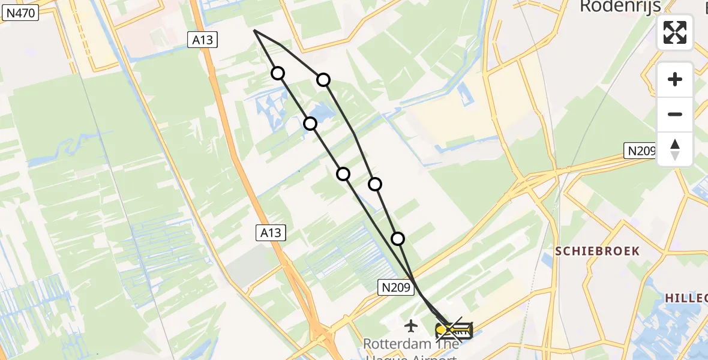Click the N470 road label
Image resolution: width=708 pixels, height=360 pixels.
pyautogui.click(x=20, y=13)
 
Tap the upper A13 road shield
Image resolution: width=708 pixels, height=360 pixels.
pyautogui.click(x=202, y=40)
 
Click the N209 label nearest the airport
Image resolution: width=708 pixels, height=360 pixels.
pyautogui.click(x=397, y=288)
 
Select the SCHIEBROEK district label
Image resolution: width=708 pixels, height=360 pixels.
pyautogui.click(x=597, y=251)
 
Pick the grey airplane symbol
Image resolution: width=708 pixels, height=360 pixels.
pyautogui.click(x=411, y=326)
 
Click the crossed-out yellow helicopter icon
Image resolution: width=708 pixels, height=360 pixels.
pyautogui.click(x=454, y=330)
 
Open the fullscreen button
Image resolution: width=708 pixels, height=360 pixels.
pyautogui.click(x=675, y=32)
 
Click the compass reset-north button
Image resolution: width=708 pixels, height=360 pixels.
pyautogui.click(x=675, y=149)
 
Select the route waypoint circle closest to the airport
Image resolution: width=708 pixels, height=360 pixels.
pyautogui.click(x=398, y=239)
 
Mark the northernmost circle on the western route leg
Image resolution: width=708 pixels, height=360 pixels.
pyautogui.click(x=278, y=73)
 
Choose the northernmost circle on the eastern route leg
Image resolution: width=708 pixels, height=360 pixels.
pyautogui.click(x=323, y=80)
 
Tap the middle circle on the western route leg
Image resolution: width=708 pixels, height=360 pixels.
pyautogui.click(x=310, y=124)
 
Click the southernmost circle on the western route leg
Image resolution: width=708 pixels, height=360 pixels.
pyautogui.click(x=343, y=174)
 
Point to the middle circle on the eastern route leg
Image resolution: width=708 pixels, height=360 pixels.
pyautogui.click(x=375, y=184)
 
